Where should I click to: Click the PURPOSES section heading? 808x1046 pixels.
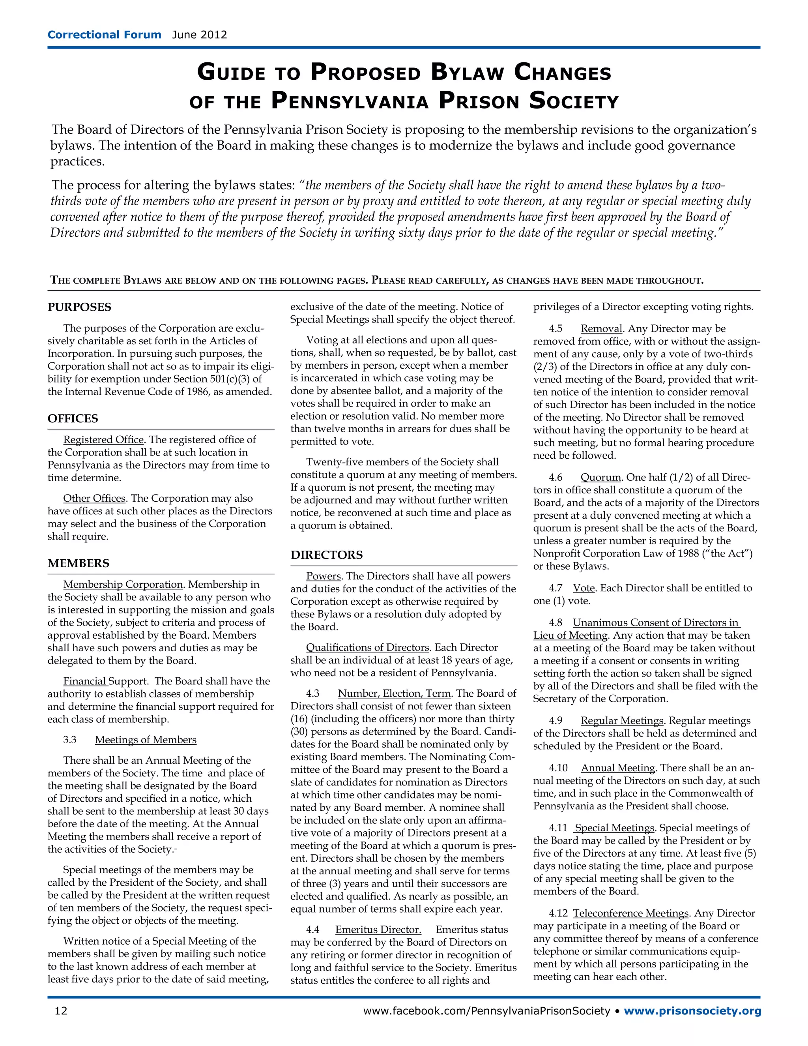[79, 307]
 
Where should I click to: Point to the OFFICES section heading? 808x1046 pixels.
[73, 418]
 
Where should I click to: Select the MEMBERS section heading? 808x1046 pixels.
[79, 563]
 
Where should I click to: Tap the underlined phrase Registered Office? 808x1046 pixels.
[103, 440]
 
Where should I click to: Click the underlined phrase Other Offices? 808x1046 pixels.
[94, 499]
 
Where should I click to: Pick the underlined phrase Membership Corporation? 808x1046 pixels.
[123, 585]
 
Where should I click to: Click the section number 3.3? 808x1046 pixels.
[70, 740]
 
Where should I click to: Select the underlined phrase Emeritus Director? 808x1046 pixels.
[378, 930]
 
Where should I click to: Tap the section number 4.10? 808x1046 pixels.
[558, 768]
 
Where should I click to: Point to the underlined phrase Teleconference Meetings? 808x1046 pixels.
[631, 914]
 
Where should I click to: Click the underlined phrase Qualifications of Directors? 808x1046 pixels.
[368, 647]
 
